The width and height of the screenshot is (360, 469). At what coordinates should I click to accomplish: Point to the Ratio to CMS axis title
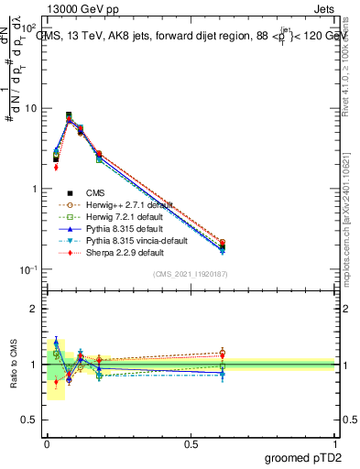(x=13, y=364)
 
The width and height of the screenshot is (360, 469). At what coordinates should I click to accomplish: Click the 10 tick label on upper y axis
(x=30, y=108)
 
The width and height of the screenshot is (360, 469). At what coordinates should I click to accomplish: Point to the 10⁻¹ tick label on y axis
(x=27, y=269)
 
